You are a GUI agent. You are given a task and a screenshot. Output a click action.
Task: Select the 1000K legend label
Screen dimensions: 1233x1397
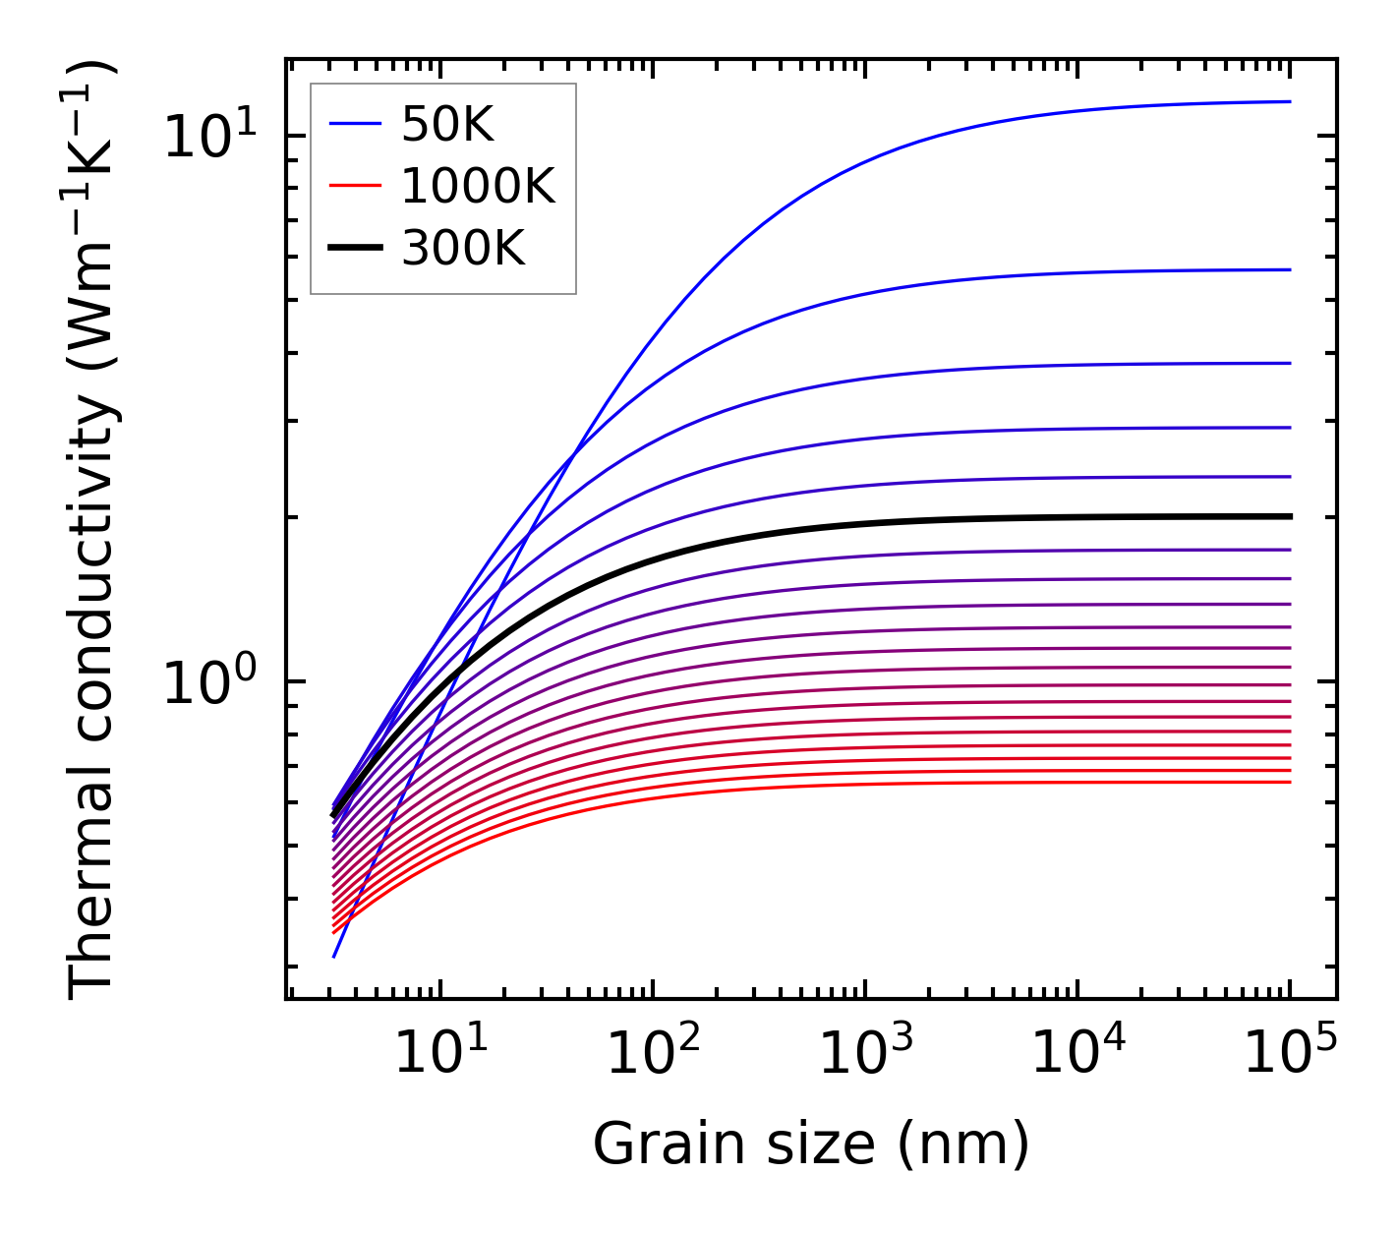click(x=478, y=186)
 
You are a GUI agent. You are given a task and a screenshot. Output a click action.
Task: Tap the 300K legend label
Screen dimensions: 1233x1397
click(x=463, y=249)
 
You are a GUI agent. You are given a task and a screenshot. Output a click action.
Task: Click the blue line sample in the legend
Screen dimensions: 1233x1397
click(x=354, y=124)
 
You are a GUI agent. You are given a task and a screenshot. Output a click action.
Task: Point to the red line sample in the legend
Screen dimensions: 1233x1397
click(x=354, y=186)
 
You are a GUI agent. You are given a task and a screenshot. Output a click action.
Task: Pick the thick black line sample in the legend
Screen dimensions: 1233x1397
click(x=354, y=249)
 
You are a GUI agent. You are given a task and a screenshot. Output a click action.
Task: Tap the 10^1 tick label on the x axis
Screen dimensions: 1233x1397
click(x=440, y=1054)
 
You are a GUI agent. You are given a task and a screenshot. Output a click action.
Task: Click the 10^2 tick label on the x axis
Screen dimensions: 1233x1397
click(x=653, y=1054)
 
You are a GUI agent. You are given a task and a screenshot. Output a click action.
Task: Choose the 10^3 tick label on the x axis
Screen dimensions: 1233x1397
click(x=865, y=1054)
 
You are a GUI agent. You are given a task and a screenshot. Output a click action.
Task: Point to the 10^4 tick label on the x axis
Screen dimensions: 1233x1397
click(x=1077, y=1054)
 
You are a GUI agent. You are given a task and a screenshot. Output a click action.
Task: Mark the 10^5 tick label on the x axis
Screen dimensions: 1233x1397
click(x=1290, y=1054)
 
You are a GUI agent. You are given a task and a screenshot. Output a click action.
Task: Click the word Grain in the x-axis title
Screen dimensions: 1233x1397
click(x=650, y=1145)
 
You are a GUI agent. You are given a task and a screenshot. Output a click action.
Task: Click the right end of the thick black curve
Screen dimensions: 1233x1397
click(x=1289, y=515)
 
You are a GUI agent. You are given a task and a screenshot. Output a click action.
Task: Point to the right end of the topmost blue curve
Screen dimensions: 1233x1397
click(x=1289, y=101)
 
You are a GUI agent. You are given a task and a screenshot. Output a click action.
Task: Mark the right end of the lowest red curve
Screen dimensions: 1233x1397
click(x=1289, y=782)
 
